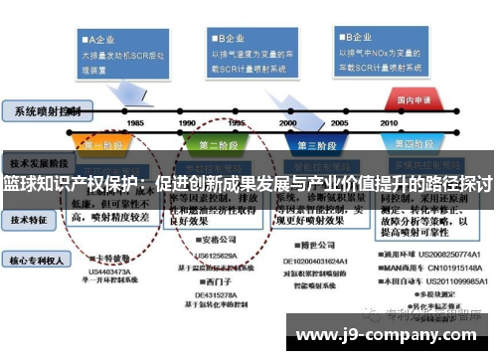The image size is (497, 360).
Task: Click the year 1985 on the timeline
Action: pos(135,122)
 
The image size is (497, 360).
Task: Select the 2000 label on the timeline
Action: pos(289,122)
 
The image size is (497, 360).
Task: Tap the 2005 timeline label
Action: pos(339,122)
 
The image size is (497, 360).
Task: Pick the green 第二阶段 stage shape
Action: pos(220,144)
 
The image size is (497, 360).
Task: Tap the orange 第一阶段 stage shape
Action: pos(102,144)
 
